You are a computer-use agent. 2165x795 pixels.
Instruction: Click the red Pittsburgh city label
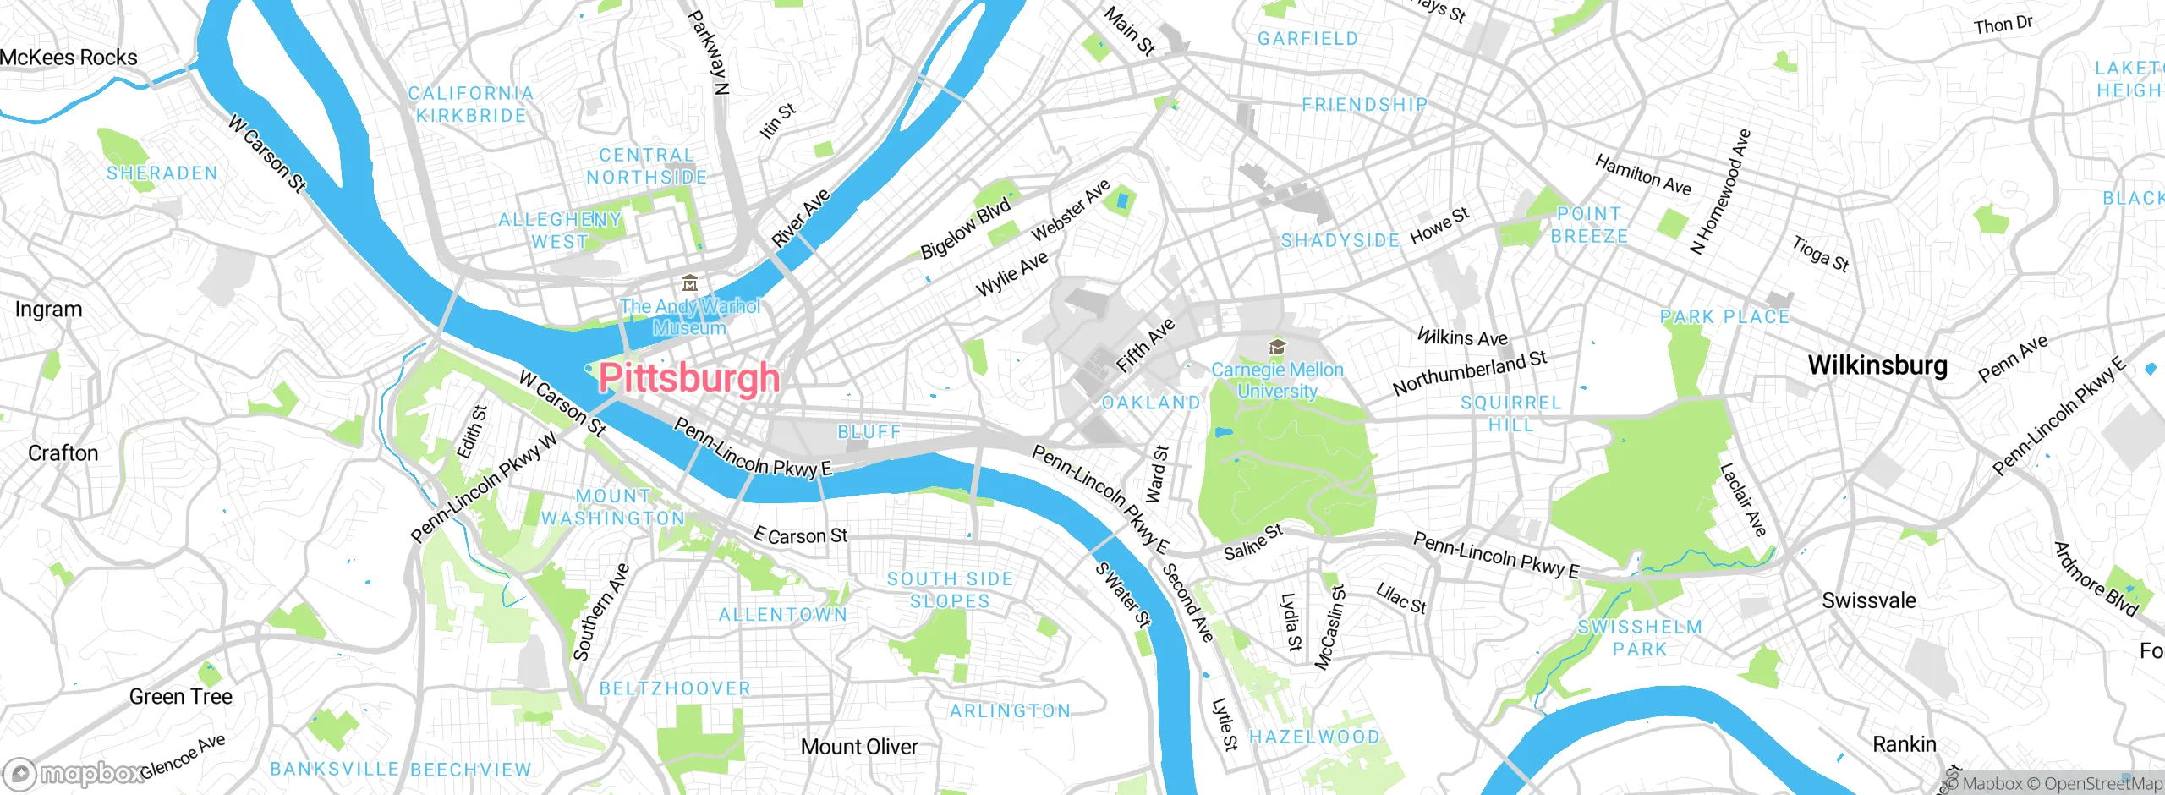(x=688, y=378)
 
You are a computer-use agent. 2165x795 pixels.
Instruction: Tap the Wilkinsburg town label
(x=1877, y=365)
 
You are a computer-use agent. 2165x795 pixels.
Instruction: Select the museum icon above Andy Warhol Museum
(x=690, y=283)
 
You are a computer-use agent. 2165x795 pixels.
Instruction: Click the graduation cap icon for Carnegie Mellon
(x=1277, y=348)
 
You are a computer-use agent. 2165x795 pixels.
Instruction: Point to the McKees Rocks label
(x=69, y=58)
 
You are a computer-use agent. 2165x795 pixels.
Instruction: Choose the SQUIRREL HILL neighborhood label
(x=1510, y=414)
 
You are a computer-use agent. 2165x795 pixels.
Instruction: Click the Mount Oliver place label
(x=858, y=747)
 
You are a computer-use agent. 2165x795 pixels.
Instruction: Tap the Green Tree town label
(x=180, y=697)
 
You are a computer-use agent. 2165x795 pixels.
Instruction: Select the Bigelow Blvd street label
(x=965, y=228)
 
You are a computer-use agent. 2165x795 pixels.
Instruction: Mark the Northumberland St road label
(x=1469, y=373)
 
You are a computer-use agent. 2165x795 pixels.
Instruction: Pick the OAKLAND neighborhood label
(x=1150, y=403)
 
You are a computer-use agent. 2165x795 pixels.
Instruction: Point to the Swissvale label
(x=1868, y=601)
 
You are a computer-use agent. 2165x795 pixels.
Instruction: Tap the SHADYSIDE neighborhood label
(x=1340, y=241)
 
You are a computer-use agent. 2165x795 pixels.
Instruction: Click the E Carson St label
(x=800, y=535)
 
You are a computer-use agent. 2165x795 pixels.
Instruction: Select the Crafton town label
(x=63, y=453)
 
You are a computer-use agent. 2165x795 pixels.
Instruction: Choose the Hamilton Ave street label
(x=1642, y=175)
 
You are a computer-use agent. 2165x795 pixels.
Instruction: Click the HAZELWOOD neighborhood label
(x=1313, y=737)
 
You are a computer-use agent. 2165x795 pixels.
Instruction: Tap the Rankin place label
(x=1904, y=744)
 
